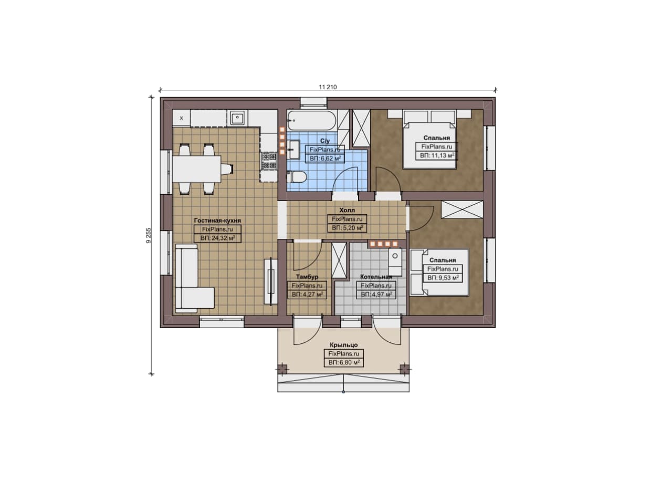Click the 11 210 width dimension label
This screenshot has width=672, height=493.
pyautogui.click(x=328, y=87)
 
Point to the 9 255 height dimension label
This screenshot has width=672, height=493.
pyautogui.click(x=149, y=235)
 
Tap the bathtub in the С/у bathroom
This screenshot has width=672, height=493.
pyautogui.click(x=312, y=121)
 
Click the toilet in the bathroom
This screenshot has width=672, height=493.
pyautogui.click(x=297, y=177)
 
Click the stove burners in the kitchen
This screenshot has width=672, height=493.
pyautogui.click(x=269, y=161)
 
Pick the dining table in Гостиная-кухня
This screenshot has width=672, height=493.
pyautogui.click(x=197, y=169)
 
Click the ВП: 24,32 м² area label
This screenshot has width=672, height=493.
pyautogui.click(x=217, y=238)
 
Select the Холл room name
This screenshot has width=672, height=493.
pyautogui.click(x=347, y=210)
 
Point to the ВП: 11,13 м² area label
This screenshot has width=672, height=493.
pyautogui.click(x=436, y=155)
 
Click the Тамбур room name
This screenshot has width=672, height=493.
pyautogui.click(x=307, y=276)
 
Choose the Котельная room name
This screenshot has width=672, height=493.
pyautogui.click(x=376, y=276)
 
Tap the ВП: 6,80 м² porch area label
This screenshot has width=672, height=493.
pyautogui.click(x=344, y=362)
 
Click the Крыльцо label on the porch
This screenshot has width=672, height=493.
pyautogui.click(x=344, y=345)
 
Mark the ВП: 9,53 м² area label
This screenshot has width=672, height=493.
pyautogui.click(x=443, y=278)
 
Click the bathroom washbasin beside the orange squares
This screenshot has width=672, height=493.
pyautogui.click(x=293, y=149)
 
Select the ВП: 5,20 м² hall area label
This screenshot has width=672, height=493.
pyautogui.click(x=348, y=228)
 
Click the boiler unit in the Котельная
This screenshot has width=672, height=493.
pyautogui.click(x=395, y=261)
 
